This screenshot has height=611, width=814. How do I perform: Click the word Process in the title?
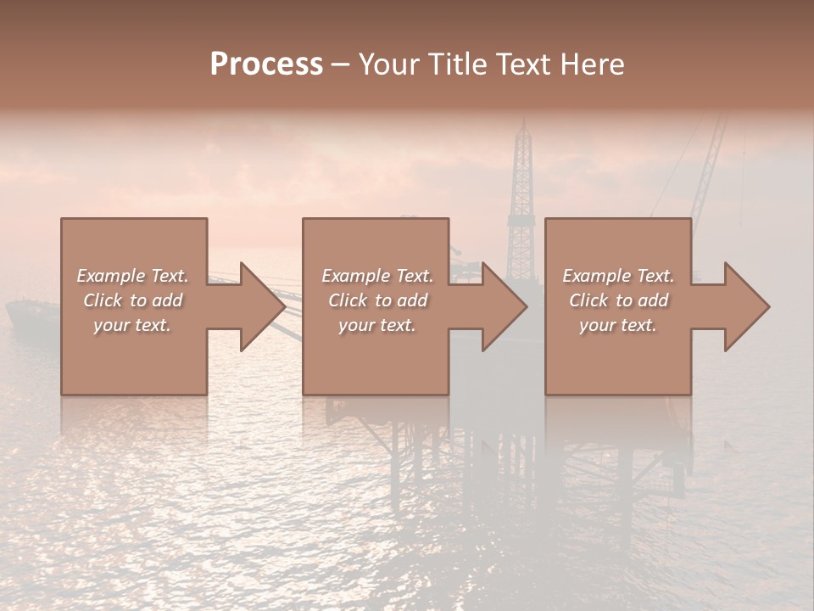[266, 64]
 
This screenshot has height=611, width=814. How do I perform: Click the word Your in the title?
[389, 64]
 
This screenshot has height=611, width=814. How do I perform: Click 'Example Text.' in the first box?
[132, 276]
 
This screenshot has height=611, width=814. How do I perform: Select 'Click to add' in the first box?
[132, 300]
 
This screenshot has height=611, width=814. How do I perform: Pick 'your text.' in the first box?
[132, 325]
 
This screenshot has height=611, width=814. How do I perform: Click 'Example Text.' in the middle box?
[377, 276]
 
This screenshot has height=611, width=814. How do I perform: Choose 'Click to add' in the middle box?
[377, 300]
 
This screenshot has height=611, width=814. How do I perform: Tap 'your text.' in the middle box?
[377, 325]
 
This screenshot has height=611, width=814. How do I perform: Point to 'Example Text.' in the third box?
[618, 276]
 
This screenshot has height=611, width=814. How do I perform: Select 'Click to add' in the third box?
[618, 300]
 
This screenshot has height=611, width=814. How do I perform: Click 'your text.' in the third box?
[618, 325]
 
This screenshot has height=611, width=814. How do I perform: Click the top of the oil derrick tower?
[522, 127]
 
